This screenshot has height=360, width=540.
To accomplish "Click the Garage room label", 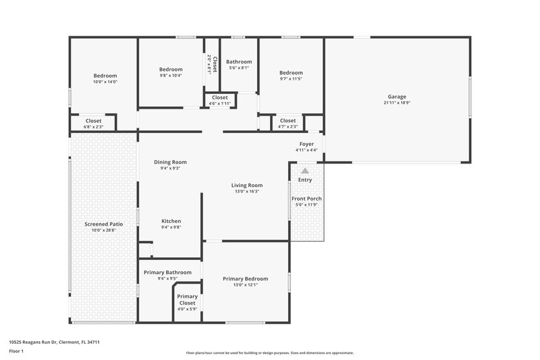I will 397,97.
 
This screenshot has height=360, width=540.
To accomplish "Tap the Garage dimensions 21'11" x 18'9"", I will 397,103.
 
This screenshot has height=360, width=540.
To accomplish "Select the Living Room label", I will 246,185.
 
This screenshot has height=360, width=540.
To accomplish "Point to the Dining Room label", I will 170,162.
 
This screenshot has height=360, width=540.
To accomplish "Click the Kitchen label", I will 171,221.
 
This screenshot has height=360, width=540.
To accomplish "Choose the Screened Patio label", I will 104,224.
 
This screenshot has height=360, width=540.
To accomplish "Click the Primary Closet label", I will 187,300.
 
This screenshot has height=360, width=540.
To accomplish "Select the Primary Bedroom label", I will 246,279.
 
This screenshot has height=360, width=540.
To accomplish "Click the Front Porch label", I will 306,199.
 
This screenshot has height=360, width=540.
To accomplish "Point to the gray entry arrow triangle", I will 305,172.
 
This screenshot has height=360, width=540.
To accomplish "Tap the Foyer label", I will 306,144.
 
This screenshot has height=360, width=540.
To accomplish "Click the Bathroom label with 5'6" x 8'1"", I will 238,61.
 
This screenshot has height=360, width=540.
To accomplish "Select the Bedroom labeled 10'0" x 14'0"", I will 105,76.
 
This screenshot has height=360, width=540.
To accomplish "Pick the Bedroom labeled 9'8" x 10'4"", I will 171,69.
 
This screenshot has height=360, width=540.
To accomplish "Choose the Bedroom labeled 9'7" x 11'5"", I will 291,72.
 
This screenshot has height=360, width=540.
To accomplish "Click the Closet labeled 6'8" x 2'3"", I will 93,121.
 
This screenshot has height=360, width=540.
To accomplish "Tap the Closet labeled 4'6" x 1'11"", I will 220,98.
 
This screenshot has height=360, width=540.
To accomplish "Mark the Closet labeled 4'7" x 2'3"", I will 288,121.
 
